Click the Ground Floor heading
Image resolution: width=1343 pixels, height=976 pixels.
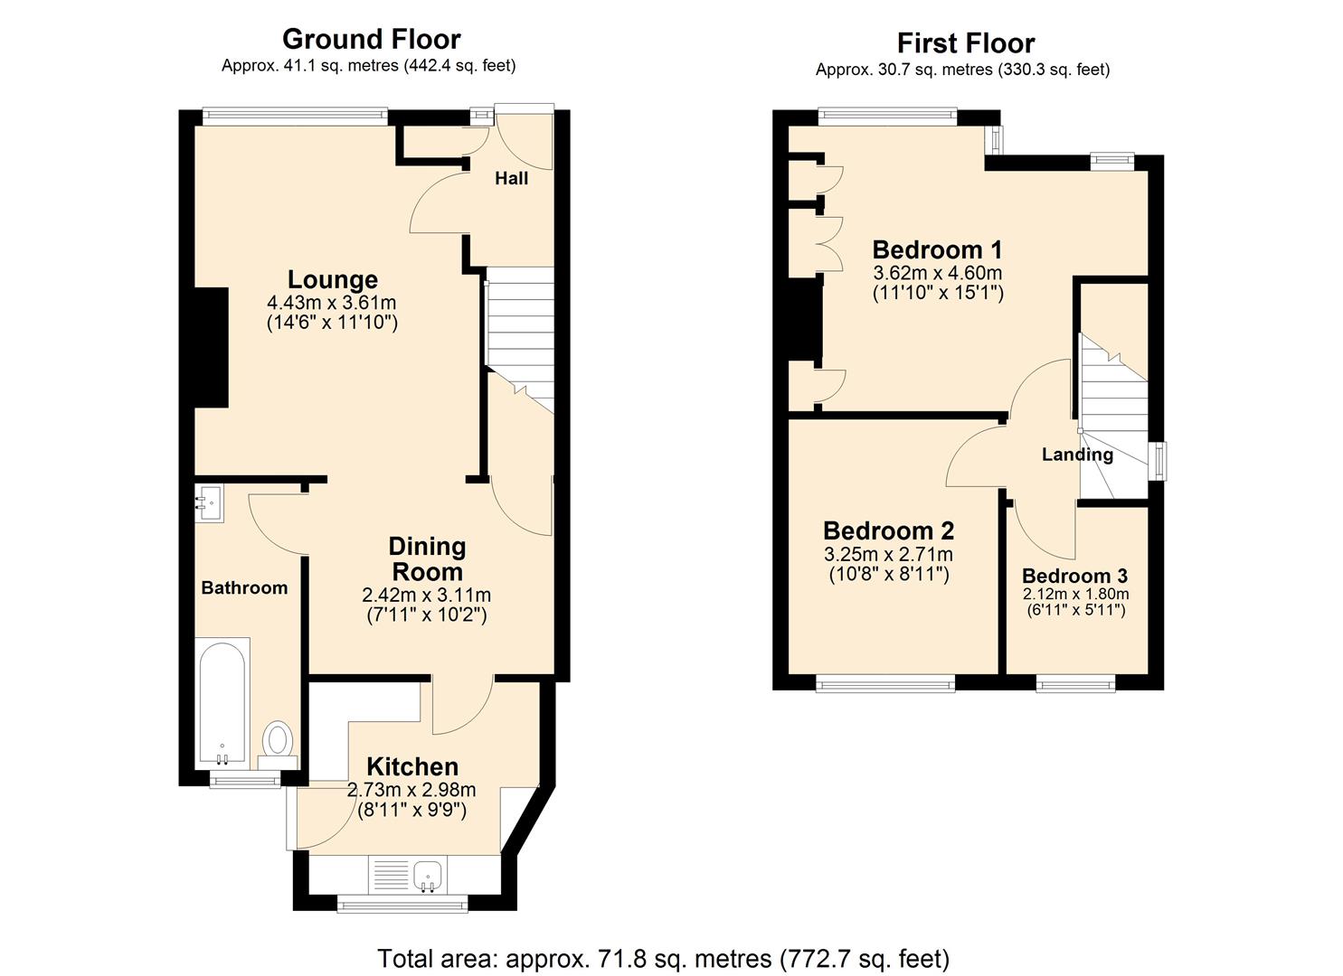pos(371,39)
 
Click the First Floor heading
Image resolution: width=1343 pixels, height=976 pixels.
pos(965,42)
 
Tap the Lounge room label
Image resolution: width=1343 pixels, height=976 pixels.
pos(332,279)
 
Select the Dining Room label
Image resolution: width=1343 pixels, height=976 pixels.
pos(426,558)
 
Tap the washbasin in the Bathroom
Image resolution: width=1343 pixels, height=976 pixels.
pos(209,502)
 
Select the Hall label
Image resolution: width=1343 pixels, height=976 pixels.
pos(511,178)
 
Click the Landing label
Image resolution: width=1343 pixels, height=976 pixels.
pos(1076,454)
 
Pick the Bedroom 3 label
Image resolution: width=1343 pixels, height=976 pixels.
pos(1074,576)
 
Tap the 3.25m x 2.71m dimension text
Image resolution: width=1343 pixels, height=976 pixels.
pos(888,554)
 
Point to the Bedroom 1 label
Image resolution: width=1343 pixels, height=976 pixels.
pos(937,249)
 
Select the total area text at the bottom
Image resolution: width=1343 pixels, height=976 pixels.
pos(663,957)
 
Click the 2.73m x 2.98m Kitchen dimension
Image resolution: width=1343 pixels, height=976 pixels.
pos(411,790)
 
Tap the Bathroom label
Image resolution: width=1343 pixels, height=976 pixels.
pos(244,587)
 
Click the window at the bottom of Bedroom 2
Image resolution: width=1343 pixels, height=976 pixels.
pos(885,684)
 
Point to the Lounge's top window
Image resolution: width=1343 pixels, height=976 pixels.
pos(295,116)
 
